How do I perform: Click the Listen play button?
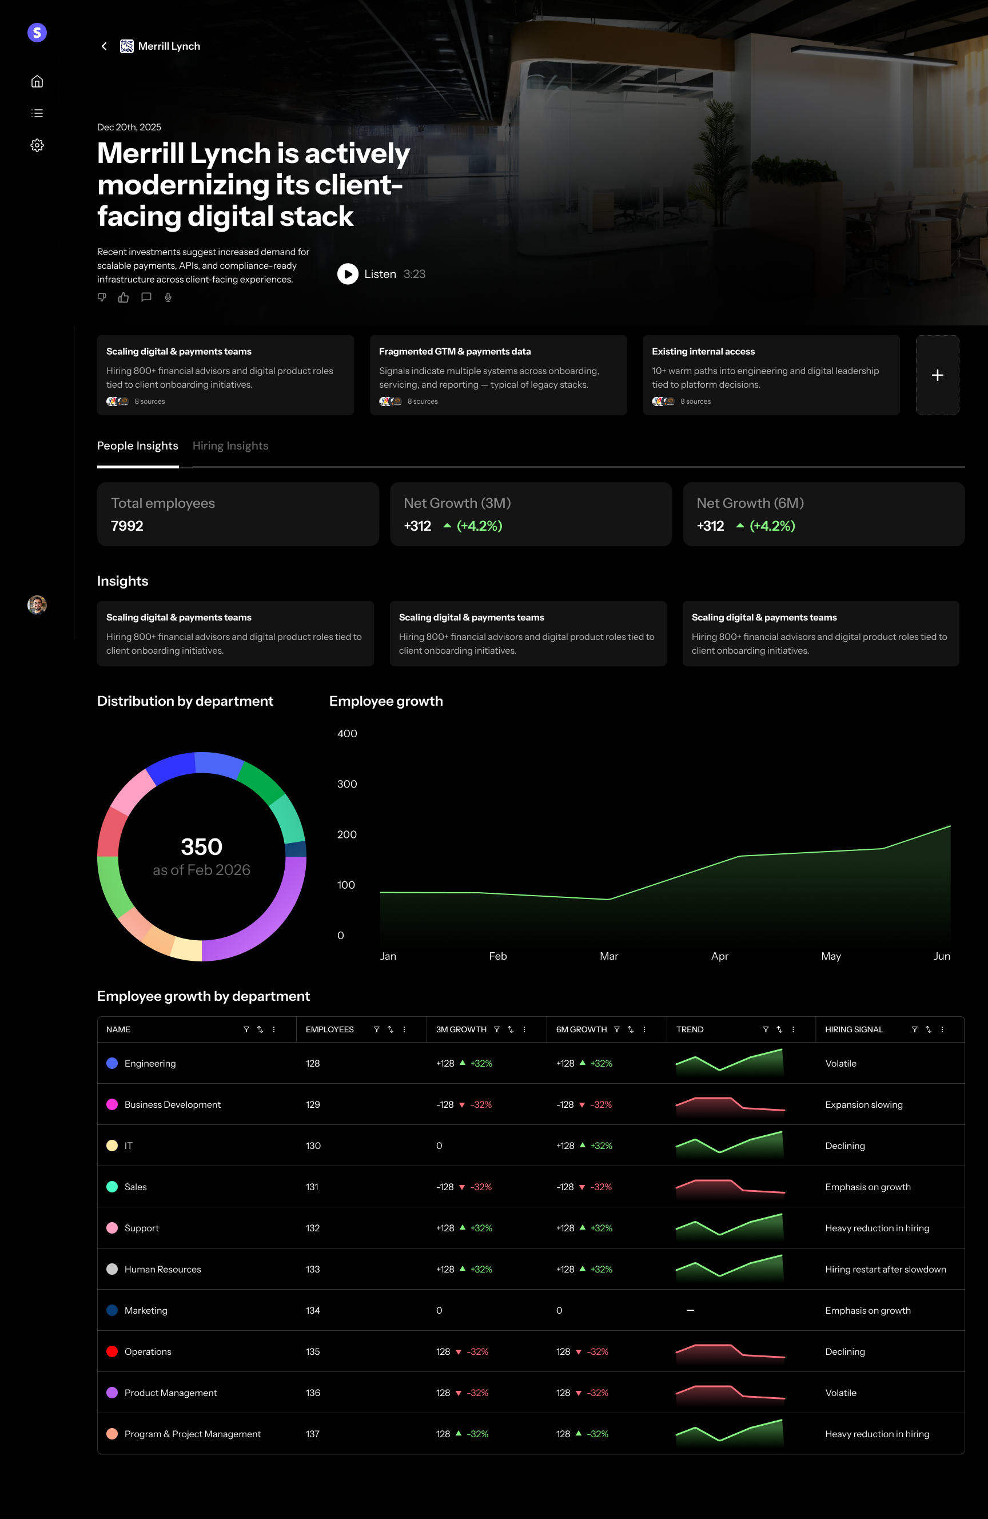click(347, 274)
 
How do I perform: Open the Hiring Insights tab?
click(230, 446)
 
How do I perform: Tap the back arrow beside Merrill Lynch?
click(104, 46)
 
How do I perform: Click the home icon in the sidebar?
click(37, 81)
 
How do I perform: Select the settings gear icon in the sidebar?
click(37, 145)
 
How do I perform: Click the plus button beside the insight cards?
click(937, 375)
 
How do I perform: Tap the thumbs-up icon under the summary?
click(123, 297)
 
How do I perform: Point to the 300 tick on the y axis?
click(346, 784)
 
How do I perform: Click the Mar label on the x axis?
click(608, 956)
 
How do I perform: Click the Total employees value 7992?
click(127, 526)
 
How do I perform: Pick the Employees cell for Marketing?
click(313, 1310)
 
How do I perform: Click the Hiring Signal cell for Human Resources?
click(885, 1269)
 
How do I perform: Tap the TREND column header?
click(690, 1029)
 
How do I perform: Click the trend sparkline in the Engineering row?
click(730, 1063)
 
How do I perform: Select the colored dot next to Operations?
click(111, 1351)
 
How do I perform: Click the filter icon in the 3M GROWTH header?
click(496, 1029)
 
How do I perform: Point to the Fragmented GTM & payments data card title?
click(455, 352)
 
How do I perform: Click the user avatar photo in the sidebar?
click(37, 605)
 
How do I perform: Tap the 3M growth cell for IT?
click(439, 1146)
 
